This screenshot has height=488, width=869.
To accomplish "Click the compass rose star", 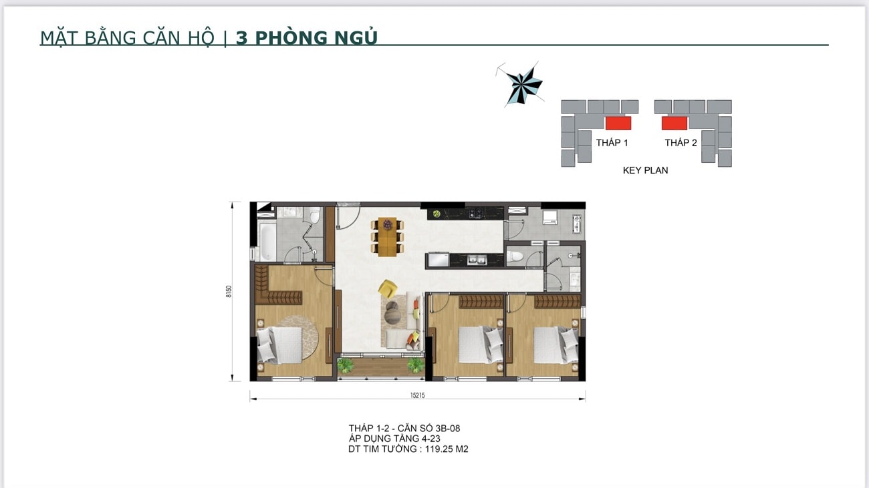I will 523,85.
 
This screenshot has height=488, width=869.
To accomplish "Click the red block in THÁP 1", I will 618,123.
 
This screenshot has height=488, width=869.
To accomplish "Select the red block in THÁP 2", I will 674,123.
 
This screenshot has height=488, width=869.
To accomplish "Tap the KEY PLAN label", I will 645,170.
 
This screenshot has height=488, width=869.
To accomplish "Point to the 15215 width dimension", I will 417,395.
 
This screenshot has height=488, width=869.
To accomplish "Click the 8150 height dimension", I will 229,292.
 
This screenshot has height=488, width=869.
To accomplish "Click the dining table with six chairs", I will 387,236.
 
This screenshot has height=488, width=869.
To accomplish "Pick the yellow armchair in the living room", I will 387,288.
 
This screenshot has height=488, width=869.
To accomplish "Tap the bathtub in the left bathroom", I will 265,242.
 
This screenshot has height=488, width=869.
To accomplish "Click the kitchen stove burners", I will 475,214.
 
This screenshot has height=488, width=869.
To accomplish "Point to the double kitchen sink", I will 476,260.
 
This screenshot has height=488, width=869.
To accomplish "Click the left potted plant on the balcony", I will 346,364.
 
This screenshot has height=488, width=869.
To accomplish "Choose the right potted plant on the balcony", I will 416,364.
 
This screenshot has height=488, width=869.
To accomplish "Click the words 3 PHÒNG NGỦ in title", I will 307,38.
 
